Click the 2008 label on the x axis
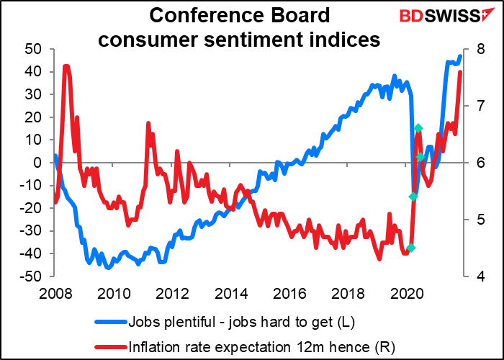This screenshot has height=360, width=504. tap(55, 294)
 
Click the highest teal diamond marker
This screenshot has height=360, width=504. tap(418, 128)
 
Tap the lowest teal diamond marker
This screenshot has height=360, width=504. tap(411, 248)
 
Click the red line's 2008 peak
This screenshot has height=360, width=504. tap(66, 66)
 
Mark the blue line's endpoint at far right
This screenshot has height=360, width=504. tap(460, 56)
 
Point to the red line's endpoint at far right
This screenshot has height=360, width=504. tap(460, 72)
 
